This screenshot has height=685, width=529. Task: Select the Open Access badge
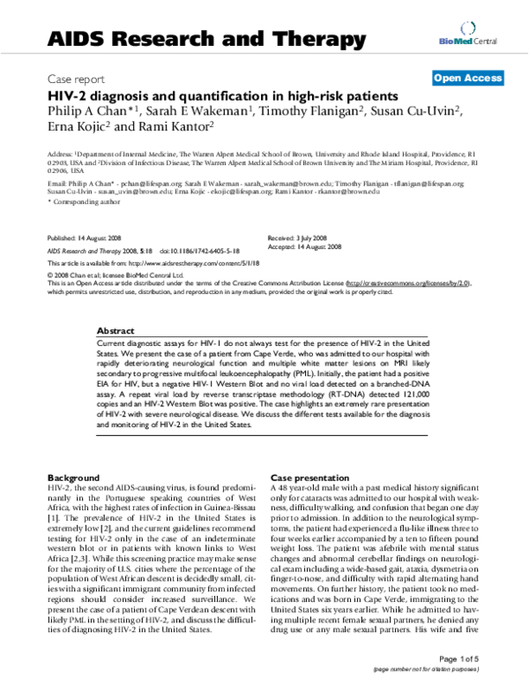(x=466, y=79)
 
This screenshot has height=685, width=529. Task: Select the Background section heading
(x=73, y=476)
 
